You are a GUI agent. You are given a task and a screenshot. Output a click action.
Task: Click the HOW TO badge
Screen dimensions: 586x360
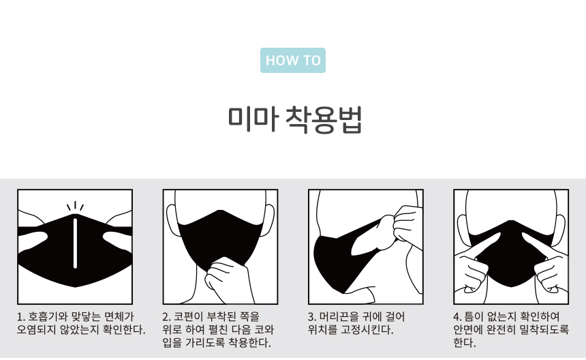pos(292,60)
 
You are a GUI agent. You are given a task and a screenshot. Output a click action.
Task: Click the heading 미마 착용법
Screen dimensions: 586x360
pos(295,119)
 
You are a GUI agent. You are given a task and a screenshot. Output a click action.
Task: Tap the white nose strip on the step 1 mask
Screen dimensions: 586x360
pos(75,243)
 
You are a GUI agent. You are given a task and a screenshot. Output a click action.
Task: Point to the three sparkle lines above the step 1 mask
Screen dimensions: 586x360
pos(75,206)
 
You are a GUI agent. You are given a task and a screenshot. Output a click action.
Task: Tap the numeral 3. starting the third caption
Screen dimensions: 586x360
pos(311,317)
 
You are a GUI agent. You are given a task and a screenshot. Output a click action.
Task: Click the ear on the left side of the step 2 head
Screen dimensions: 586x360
pos(172,220)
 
